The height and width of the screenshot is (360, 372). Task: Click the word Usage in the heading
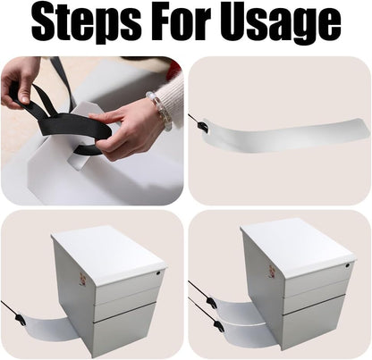point(281,24)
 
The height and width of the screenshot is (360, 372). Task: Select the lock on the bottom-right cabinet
point(349,264)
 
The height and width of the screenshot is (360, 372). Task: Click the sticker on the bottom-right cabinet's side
point(272,271)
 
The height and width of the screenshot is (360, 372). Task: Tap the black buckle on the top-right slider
point(205,126)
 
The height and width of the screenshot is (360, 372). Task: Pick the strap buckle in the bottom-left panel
point(21,320)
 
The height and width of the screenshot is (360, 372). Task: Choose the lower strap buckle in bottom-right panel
point(218,325)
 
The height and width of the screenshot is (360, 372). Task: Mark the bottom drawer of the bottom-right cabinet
point(313,322)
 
